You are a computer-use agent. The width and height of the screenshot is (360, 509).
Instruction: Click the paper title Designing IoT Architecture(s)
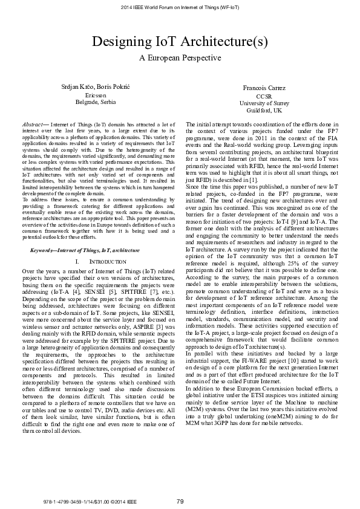point(180,41)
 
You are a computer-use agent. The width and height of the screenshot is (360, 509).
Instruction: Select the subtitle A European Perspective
point(180,58)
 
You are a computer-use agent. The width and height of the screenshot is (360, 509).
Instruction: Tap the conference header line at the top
point(180,7)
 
